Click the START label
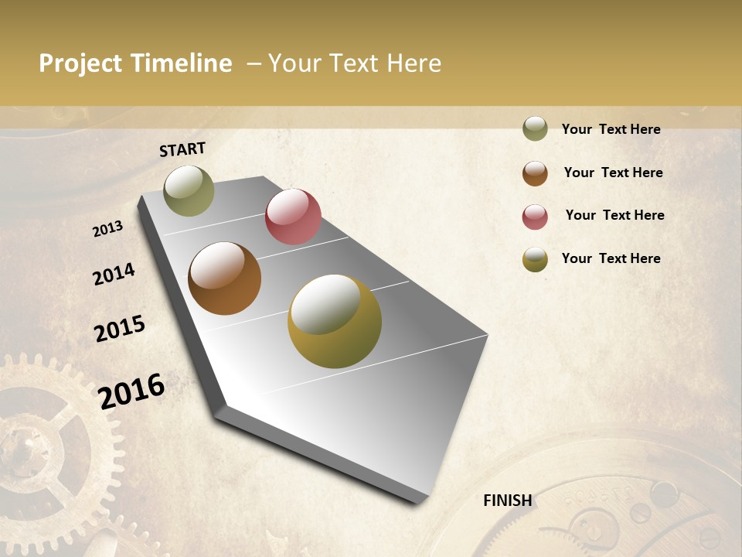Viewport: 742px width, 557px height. [182, 149]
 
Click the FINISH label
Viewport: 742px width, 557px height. [508, 501]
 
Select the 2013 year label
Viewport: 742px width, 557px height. [108, 229]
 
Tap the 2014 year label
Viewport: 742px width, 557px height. [114, 274]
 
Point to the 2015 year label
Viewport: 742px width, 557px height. [120, 329]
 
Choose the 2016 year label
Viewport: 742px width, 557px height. [131, 391]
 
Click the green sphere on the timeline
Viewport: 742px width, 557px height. [189, 190]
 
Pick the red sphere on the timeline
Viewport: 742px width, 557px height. [293, 217]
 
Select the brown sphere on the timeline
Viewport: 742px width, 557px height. [224, 278]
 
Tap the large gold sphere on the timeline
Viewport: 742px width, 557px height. [335, 321]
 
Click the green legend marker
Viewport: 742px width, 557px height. [535, 128]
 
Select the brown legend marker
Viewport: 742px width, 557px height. [535, 173]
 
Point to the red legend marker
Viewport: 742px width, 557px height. [535, 217]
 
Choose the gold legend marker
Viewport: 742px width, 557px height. [535, 259]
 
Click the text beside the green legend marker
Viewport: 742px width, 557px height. [611, 129]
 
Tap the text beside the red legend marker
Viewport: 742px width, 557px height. [614, 215]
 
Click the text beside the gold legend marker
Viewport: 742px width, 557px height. [611, 258]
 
